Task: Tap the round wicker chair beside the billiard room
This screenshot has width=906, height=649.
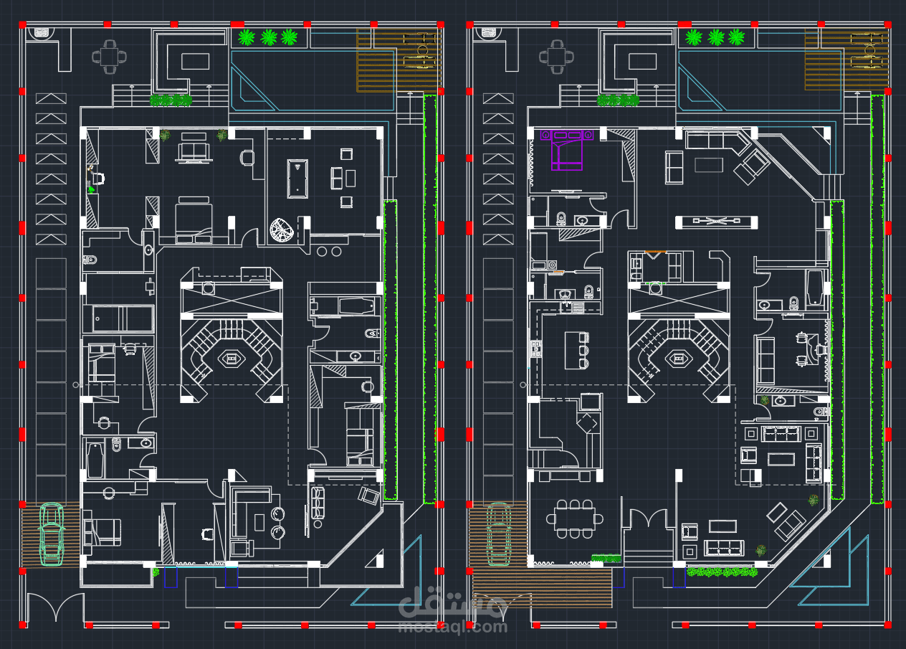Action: (x=282, y=230)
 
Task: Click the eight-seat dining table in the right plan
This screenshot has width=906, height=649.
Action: (x=574, y=518)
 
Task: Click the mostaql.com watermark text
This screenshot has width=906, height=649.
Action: (x=452, y=626)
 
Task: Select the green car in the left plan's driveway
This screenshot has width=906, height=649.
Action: (x=51, y=533)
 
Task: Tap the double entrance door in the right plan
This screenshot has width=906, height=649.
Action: (x=649, y=520)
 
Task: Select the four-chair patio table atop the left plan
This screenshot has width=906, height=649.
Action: (x=109, y=57)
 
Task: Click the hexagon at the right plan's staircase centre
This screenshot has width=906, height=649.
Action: (x=679, y=357)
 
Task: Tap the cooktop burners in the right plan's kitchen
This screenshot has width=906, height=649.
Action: (x=535, y=350)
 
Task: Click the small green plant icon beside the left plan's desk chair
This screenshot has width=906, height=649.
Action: (x=92, y=189)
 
